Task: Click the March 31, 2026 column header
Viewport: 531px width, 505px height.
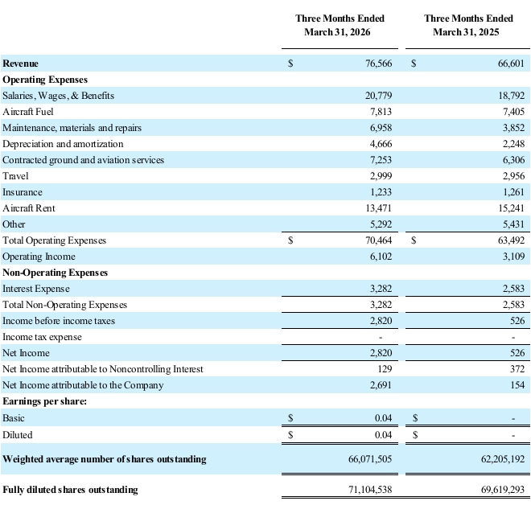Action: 340,25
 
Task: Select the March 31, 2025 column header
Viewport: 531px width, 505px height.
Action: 468,25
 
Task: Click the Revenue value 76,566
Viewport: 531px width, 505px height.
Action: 379,64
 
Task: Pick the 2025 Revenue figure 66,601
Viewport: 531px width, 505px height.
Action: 511,64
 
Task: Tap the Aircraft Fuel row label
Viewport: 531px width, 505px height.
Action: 28,112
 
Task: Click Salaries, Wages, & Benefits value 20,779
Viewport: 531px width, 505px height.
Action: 379,96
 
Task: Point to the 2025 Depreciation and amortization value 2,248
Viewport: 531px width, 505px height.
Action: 514,144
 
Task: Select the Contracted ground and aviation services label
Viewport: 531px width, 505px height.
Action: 84,160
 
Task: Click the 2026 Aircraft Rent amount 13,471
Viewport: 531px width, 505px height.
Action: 379,208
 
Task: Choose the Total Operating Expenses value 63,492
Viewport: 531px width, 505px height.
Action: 511,240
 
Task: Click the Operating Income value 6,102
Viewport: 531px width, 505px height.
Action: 381,257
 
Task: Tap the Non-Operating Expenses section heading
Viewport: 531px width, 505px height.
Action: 56,273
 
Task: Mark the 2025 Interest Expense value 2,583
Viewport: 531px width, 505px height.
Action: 514,289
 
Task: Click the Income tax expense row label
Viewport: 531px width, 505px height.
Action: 42,337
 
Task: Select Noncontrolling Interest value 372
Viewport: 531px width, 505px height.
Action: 517,369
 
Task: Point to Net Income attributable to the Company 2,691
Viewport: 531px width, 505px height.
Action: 381,385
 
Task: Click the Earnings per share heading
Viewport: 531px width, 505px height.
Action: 45,401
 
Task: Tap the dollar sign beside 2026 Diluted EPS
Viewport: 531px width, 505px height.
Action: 290,434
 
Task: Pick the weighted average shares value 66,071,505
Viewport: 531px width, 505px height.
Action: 370,459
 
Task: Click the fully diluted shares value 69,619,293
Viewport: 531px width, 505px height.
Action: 503,490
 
